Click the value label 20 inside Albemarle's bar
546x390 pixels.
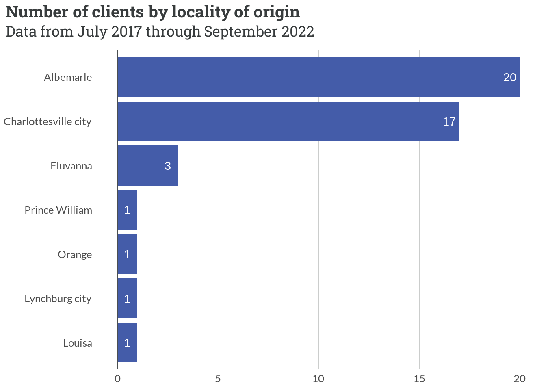click(509, 77)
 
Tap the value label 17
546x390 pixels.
click(449, 121)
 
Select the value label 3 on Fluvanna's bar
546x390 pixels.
click(167, 166)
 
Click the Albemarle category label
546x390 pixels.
click(68, 77)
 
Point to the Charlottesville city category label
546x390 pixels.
click(48, 121)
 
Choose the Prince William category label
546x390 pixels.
click(58, 210)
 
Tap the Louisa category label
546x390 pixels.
click(77, 343)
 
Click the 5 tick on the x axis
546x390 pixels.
click(218, 379)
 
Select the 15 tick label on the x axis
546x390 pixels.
click(419, 379)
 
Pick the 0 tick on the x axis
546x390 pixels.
click(117, 379)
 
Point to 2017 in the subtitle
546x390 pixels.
click(126, 31)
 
